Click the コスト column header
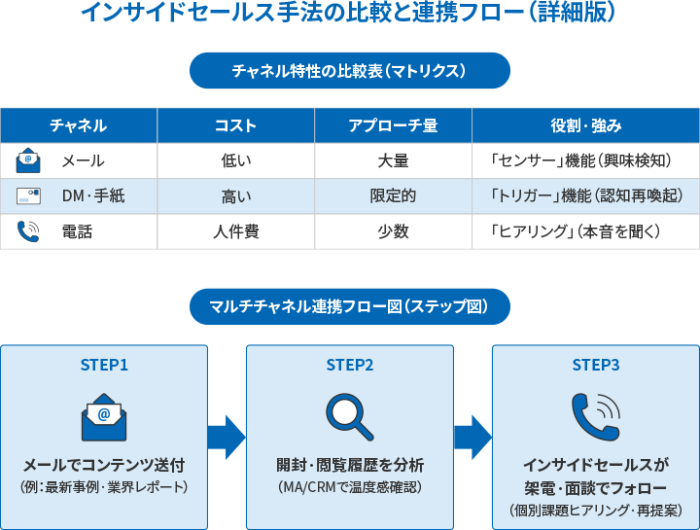235,125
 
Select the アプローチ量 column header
393,125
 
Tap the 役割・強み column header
585,125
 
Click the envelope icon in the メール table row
28,160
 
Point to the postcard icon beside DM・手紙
28,196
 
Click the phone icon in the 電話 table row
28,231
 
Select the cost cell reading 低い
235,160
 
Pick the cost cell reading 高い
235,196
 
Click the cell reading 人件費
235,231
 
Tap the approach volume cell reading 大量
393,160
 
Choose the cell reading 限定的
393,196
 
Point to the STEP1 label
104,366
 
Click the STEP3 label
595,366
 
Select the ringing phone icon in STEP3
595,416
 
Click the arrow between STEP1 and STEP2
227,438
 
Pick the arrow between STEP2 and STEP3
472,438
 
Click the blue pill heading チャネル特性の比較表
350,71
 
